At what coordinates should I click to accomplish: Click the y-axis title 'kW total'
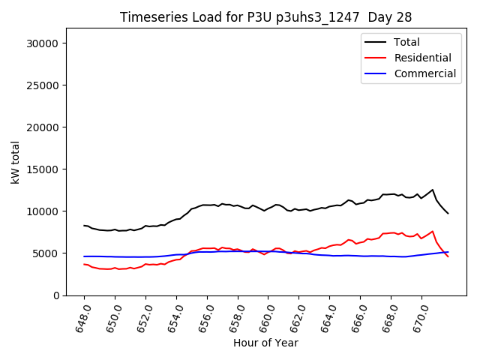[x=16, y=162]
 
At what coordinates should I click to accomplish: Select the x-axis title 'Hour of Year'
[x=265, y=343]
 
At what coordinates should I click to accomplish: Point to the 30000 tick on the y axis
[x=43, y=43]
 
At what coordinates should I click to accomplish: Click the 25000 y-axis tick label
[x=43, y=85]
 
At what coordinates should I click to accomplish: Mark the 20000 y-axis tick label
[x=43, y=127]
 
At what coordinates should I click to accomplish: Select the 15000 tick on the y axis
[x=43, y=169]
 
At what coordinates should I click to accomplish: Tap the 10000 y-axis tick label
[x=43, y=211]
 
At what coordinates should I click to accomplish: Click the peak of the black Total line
[x=433, y=190]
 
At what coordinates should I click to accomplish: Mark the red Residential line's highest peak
[x=433, y=231]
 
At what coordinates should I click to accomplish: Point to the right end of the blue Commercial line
[x=448, y=252]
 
